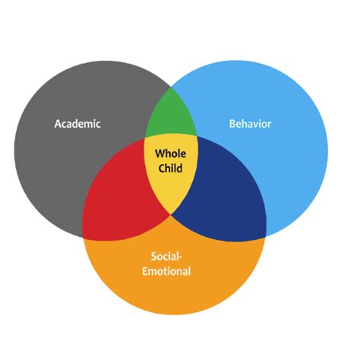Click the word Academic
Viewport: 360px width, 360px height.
(x=77, y=124)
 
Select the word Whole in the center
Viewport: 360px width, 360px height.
(x=170, y=153)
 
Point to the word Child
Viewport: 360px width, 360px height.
(x=170, y=167)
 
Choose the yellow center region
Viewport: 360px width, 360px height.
(x=171, y=178)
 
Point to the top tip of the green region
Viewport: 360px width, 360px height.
(x=170, y=90)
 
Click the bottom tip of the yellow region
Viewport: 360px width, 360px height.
(x=172, y=213)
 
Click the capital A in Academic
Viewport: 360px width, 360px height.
(x=58, y=124)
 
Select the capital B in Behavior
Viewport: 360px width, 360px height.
(x=232, y=122)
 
